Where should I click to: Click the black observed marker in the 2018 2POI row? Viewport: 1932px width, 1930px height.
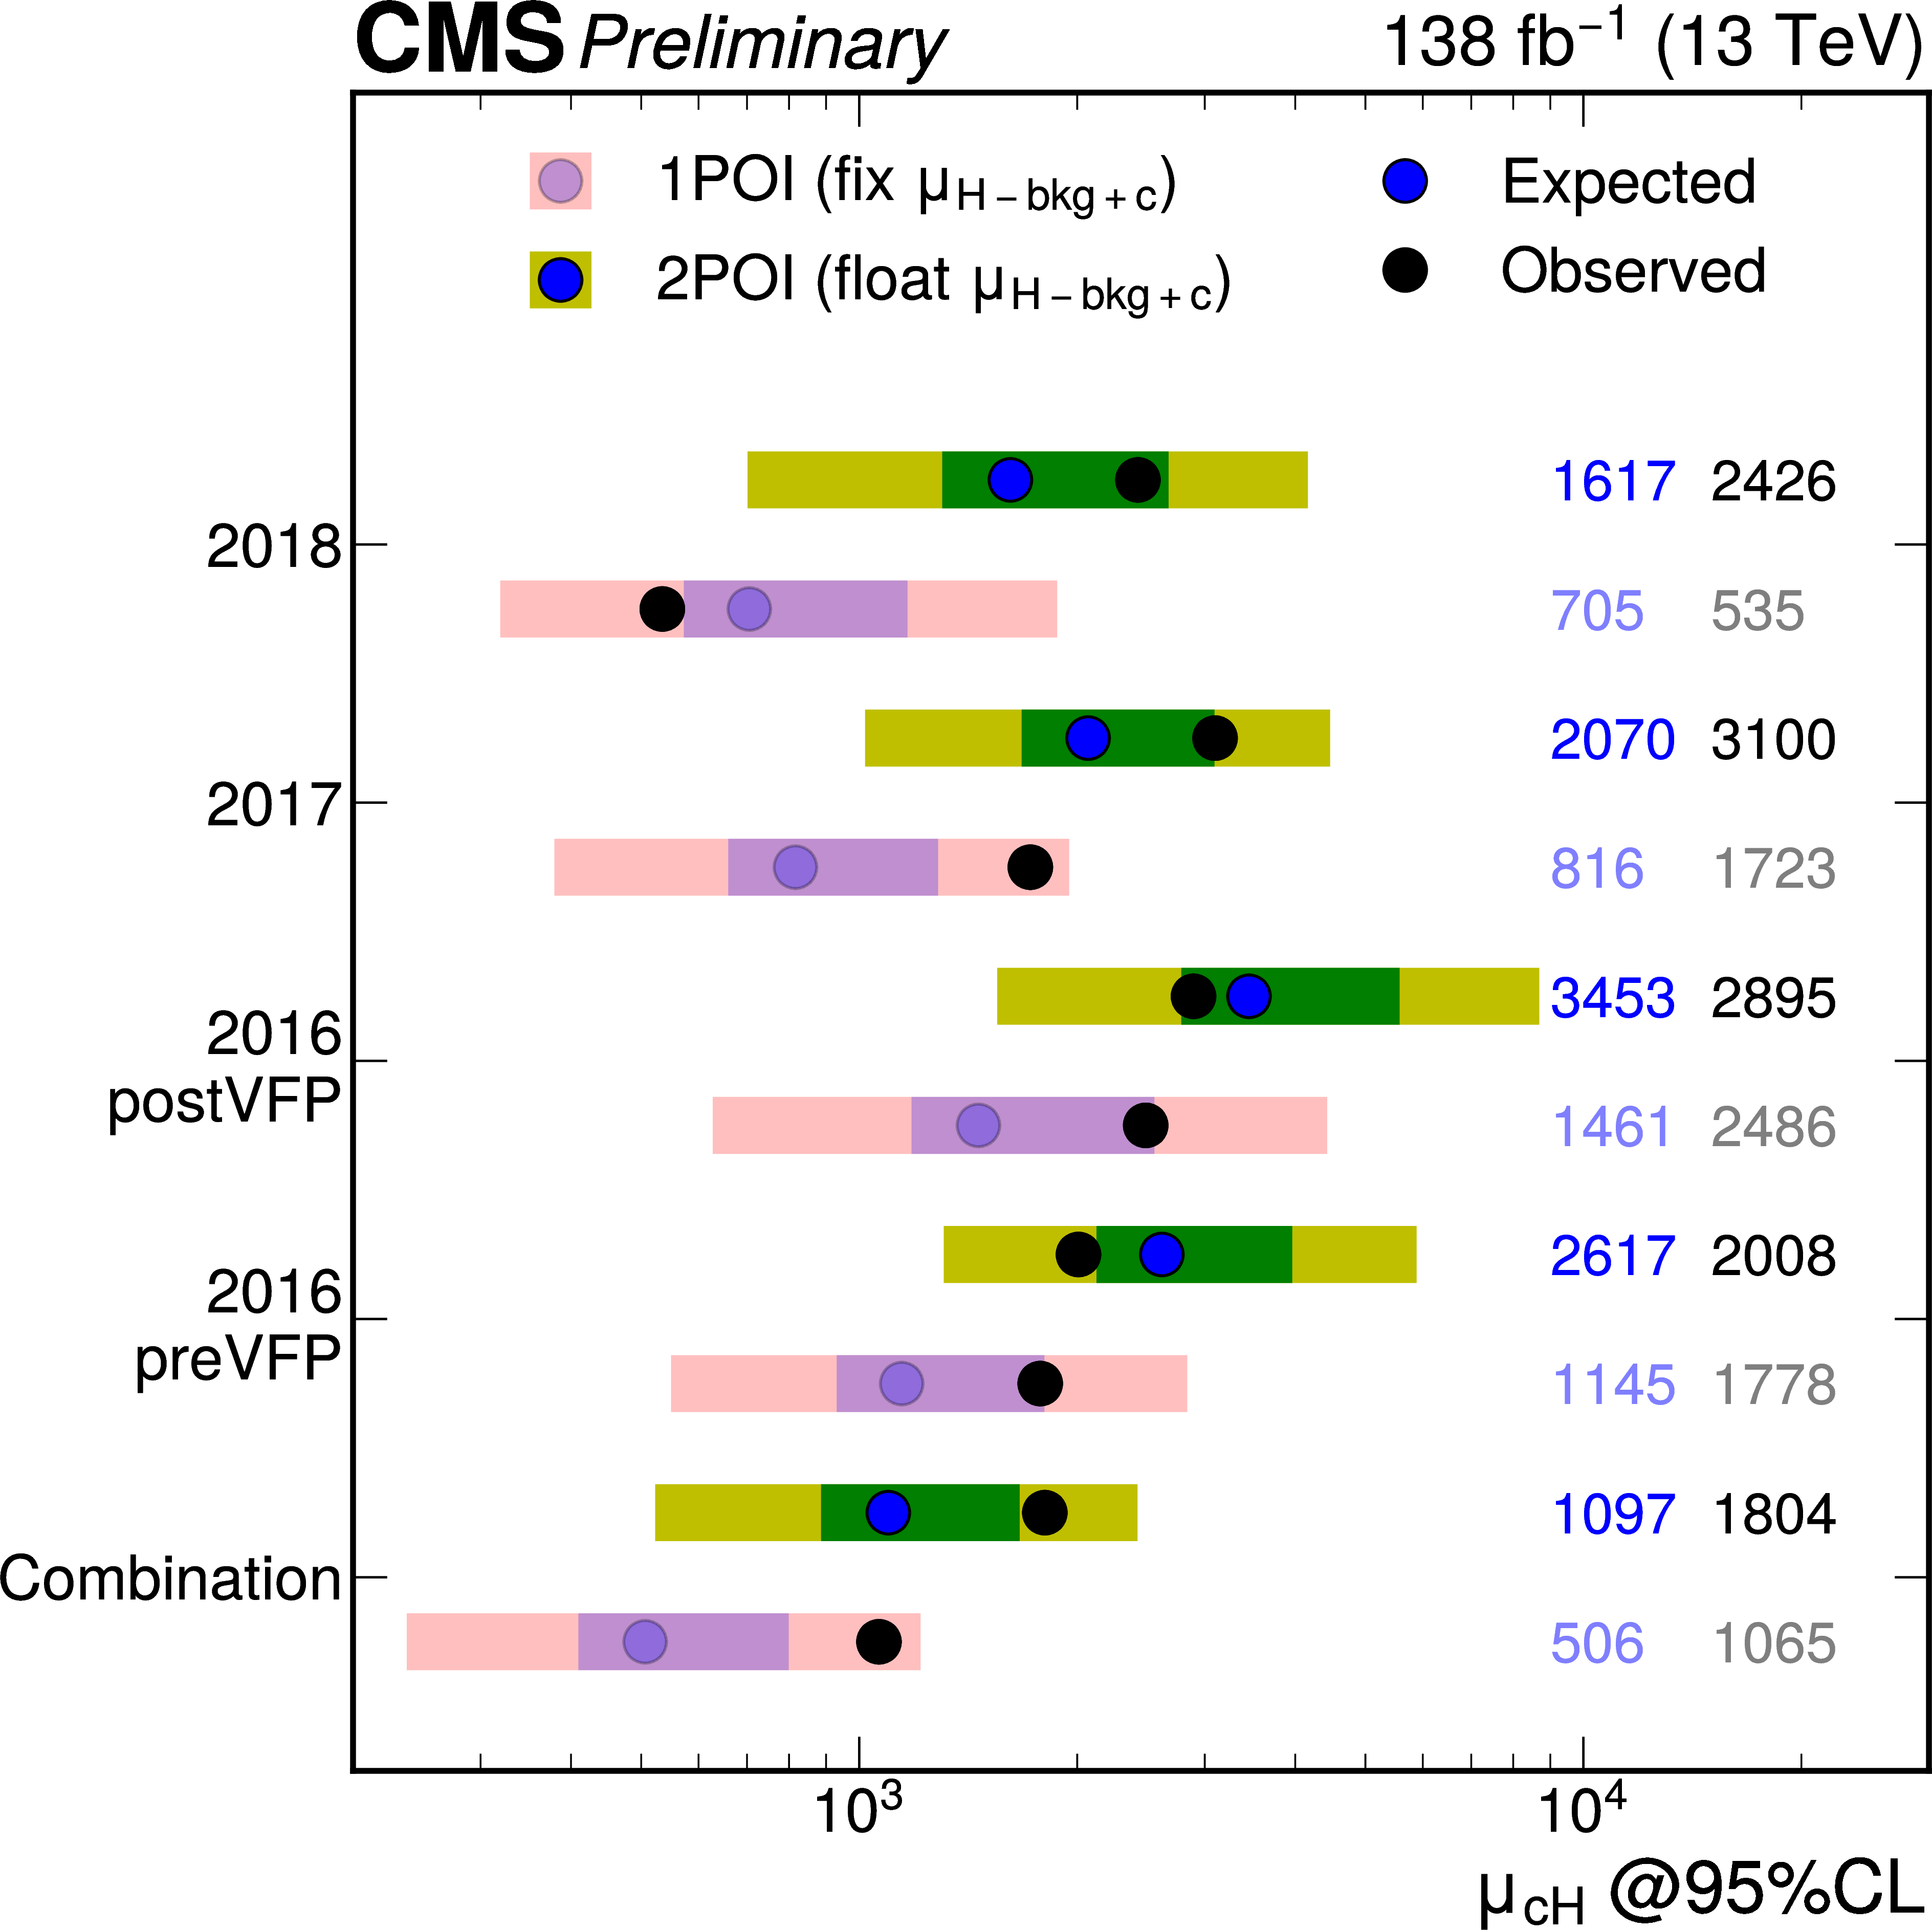(1138, 480)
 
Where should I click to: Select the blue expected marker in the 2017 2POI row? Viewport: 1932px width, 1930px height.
(1088, 738)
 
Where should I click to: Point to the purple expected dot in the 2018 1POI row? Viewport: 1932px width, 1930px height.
(749, 608)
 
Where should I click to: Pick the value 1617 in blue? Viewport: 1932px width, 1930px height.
(1612, 482)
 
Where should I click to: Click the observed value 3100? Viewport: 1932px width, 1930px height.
(1773, 740)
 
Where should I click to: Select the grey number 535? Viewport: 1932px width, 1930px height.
(1757, 611)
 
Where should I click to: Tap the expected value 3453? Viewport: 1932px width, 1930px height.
(1612, 998)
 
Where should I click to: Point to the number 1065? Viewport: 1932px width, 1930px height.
(1773, 1643)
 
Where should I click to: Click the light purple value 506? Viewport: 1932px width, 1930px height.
(1597, 1643)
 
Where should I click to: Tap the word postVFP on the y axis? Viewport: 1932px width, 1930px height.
(224, 1101)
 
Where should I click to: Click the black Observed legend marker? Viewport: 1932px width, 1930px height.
(1405, 271)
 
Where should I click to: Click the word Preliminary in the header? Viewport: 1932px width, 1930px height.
(762, 45)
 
